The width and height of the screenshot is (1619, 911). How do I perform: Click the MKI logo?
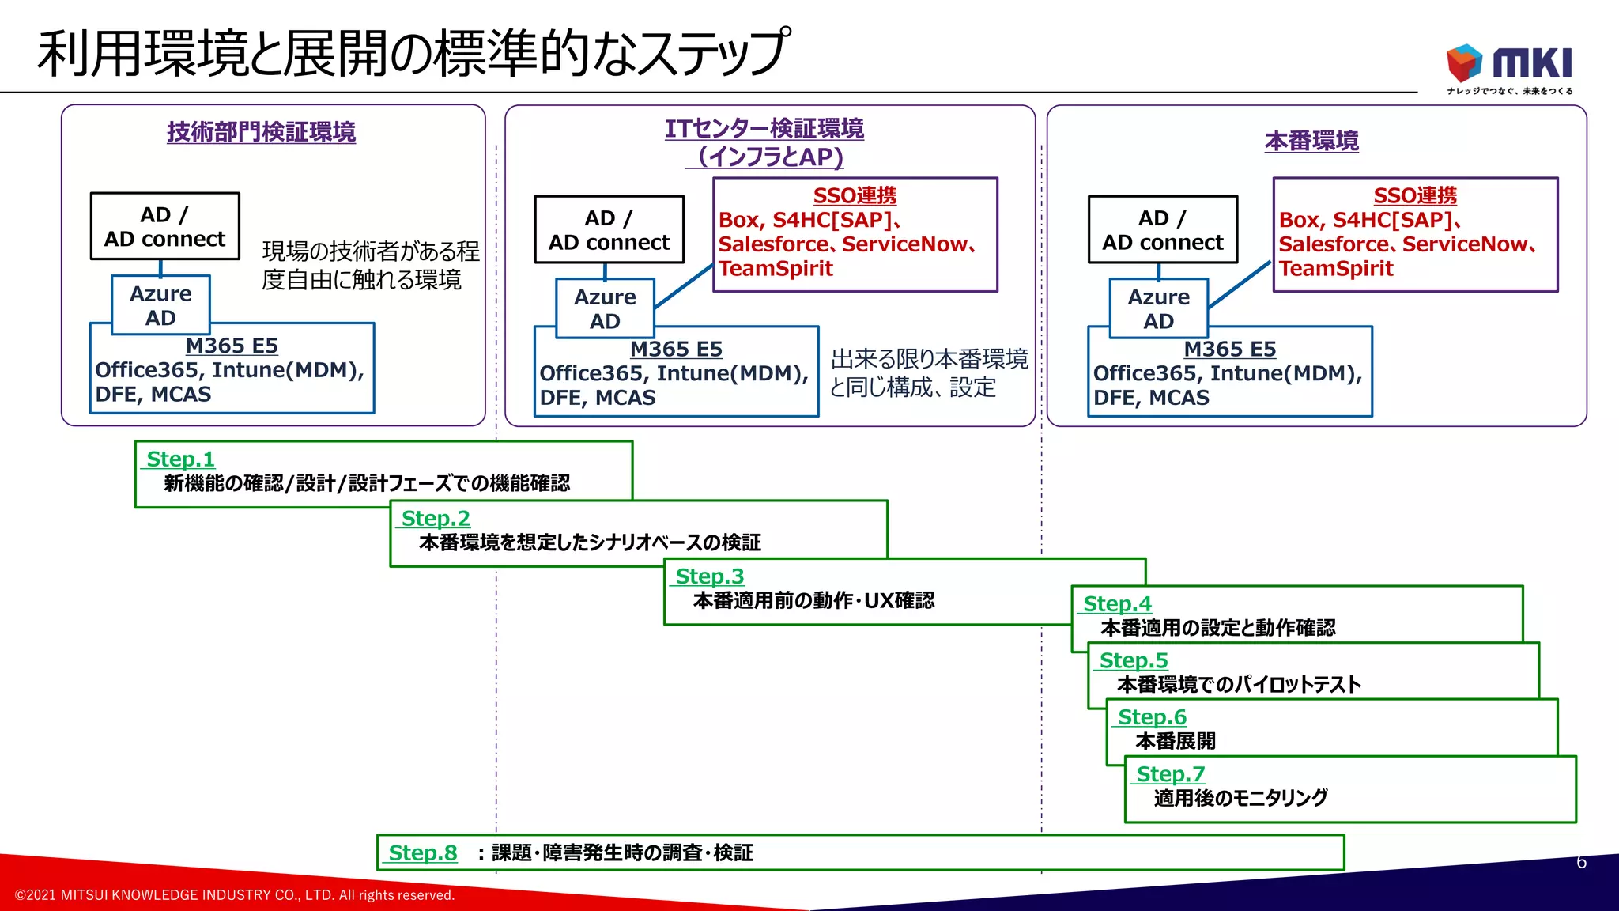(1508, 66)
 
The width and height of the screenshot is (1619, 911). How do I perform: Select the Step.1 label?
(180, 459)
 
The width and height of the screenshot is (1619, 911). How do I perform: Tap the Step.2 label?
(436, 518)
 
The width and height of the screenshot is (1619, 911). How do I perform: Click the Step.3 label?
(709, 576)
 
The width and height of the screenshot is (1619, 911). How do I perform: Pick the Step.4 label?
(1117, 603)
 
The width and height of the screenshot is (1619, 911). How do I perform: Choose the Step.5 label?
(1134, 660)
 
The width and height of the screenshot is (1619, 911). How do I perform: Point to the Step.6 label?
(1152, 716)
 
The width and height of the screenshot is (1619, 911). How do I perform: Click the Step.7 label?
(1170, 773)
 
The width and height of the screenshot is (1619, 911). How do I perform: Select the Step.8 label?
(423, 852)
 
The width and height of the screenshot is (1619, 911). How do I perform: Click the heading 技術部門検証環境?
(261, 131)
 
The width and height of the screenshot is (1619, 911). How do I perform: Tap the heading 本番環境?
(1311, 141)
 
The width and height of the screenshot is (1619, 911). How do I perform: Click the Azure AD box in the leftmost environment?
(160, 305)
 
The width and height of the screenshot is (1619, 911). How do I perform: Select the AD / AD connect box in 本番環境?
(1162, 229)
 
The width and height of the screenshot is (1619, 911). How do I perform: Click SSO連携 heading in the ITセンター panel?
(855, 195)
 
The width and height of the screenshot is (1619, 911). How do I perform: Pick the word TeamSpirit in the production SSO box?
(1336, 269)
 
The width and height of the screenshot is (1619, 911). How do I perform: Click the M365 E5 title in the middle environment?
(676, 349)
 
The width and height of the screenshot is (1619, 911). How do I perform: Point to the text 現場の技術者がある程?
(370, 251)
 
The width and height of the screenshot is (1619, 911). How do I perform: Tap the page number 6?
(1581, 862)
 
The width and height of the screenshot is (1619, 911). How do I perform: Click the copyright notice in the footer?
(235, 895)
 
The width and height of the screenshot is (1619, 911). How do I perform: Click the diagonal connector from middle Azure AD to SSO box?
(684, 286)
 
